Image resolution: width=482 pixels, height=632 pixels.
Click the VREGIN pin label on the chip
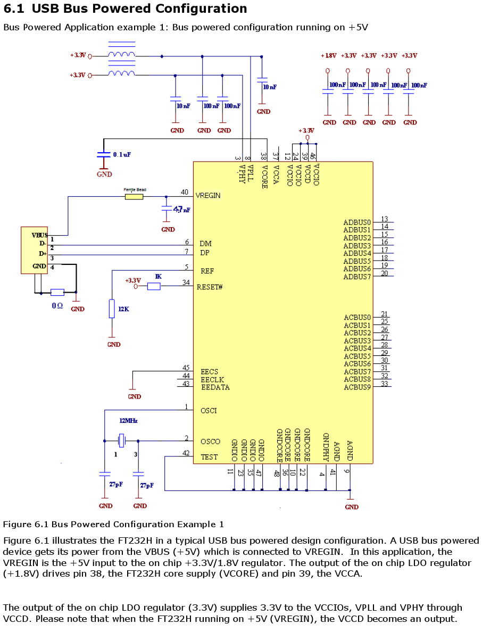(208, 195)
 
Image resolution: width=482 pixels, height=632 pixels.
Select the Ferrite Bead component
(134, 196)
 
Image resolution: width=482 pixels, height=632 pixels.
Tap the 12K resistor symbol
(112, 309)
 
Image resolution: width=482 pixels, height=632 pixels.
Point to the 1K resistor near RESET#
(154, 287)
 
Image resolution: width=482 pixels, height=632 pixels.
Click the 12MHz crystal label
(128, 420)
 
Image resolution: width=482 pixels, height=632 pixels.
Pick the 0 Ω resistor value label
(57, 306)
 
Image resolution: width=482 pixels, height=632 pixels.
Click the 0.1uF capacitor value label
(122, 154)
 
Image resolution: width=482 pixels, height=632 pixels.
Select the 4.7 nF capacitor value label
(182, 210)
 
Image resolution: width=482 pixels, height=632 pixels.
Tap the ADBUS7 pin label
(357, 277)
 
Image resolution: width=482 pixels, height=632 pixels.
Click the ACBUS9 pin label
(357, 387)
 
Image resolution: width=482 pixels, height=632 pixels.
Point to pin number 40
(185, 192)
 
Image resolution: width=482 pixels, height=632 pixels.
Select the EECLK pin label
(212, 379)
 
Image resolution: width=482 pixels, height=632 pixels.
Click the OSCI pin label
(209, 410)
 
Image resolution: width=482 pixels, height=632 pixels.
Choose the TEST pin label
(209, 456)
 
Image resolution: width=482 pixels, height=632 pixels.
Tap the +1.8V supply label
(328, 55)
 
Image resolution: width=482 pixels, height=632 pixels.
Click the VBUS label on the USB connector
(39, 235)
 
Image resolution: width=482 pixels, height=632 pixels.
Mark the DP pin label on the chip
(205, 253)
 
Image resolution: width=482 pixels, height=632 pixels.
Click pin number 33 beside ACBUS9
(384, 384)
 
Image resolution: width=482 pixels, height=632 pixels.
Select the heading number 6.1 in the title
(14, 9)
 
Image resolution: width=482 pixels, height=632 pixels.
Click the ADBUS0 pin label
(357, 222)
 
